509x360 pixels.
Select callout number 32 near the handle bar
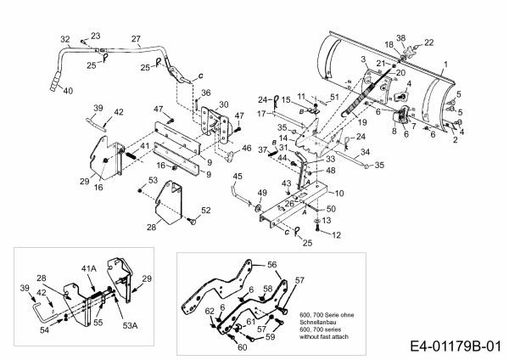(x=65, y=39)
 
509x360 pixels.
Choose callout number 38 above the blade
(x=401, y=38)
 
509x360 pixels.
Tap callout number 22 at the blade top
(x=429, y=42)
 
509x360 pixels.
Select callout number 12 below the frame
(x=337, y=233)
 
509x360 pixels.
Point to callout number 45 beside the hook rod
(x=238, y=176)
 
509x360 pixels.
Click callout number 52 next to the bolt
(x=205, y=210)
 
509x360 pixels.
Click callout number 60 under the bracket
(x=242, y=347)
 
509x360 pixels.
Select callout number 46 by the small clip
(x=247, y=149)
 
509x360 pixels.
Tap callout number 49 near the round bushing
(x=261, y=192)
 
